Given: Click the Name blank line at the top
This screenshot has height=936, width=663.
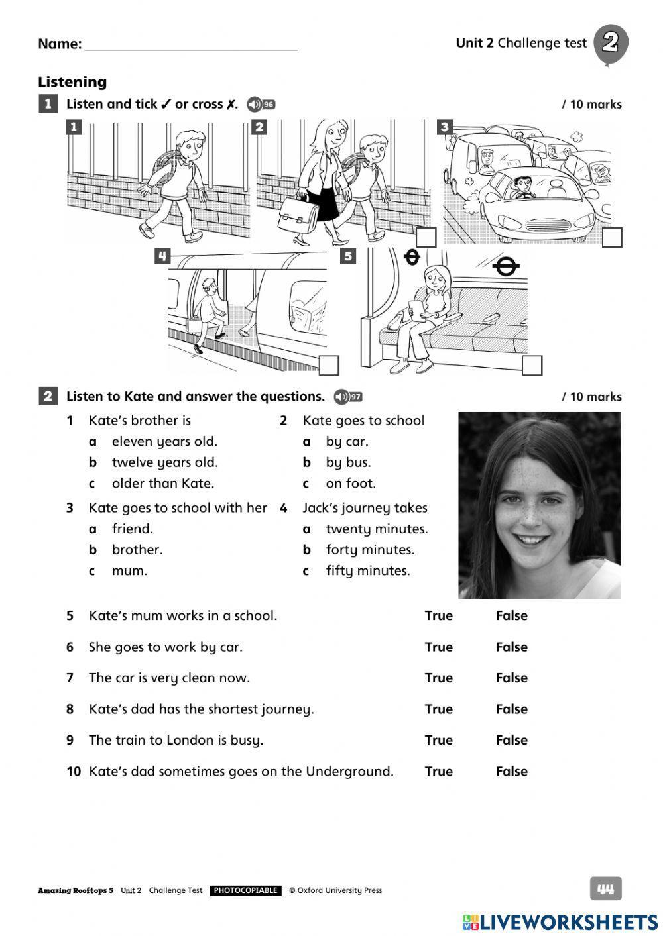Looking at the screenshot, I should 191,45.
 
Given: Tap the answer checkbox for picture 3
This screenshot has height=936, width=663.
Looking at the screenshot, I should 612,238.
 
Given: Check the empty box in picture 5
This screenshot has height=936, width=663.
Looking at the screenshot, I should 532,365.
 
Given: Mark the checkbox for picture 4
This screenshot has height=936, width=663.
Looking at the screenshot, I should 329,365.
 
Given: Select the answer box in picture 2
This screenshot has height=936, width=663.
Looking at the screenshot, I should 426,238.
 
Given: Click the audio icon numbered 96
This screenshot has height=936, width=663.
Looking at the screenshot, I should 261,105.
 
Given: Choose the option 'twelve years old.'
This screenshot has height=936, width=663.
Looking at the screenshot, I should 164,462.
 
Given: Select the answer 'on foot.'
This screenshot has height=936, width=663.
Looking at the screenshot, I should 350,484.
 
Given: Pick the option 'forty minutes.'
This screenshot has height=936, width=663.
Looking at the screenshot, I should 369,550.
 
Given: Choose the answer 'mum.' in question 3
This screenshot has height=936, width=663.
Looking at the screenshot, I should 129,571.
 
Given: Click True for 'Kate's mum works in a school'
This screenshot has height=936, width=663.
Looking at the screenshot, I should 438,616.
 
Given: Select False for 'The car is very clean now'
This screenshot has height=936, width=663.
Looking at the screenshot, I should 511,678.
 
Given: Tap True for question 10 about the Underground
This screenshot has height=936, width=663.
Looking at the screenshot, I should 438,772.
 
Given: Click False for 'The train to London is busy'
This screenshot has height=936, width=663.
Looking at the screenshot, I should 511,741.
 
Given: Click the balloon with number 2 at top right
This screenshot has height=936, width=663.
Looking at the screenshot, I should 610,44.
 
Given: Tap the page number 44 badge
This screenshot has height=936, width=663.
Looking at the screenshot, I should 605,889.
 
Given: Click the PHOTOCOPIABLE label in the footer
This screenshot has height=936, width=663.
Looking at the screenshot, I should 245,891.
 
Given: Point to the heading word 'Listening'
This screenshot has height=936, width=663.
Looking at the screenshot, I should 72,82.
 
